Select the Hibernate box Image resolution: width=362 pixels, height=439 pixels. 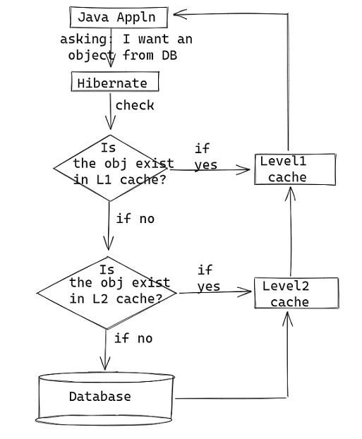coord(114,83)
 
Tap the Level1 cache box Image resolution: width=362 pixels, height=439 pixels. coord(294,169)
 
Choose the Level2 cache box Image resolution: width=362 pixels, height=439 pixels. coord(296,294)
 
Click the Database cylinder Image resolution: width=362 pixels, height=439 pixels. coord(106,398)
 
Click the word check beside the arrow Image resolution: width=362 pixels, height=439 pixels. coord(134,106)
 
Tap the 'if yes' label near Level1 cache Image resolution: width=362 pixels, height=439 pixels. coord(205,157)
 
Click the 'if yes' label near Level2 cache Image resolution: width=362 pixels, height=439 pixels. coord(208,279)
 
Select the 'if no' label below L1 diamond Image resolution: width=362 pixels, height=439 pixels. coord(135,219)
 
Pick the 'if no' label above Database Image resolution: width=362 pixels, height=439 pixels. coord(133,339)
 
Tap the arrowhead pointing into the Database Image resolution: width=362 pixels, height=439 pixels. coord(105,364)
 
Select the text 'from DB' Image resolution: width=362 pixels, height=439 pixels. coord(150,55)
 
